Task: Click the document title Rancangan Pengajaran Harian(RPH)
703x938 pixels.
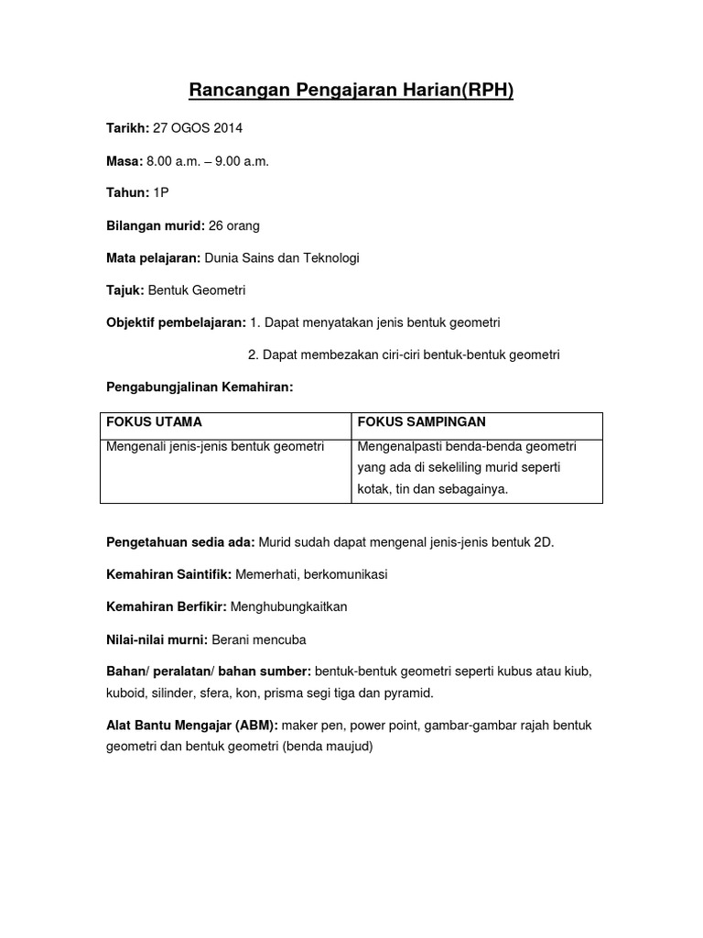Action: (351, 90)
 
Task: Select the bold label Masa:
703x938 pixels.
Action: (124, 161)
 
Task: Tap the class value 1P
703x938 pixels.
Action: (161, 193)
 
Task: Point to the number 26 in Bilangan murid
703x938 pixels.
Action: (217, 225)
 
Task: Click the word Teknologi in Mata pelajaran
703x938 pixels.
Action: (329, 257)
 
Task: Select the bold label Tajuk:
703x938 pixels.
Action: (125, 290)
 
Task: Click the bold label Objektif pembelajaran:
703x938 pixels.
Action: (176, 322)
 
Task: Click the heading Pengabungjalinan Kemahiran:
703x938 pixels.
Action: (200, 387)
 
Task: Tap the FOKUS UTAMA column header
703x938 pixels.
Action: (154, 421)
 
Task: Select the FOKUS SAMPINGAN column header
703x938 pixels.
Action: (421, 421)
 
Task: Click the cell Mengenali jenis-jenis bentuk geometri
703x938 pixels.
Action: (216, 447)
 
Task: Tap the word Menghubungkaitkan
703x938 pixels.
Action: (289, 606)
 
